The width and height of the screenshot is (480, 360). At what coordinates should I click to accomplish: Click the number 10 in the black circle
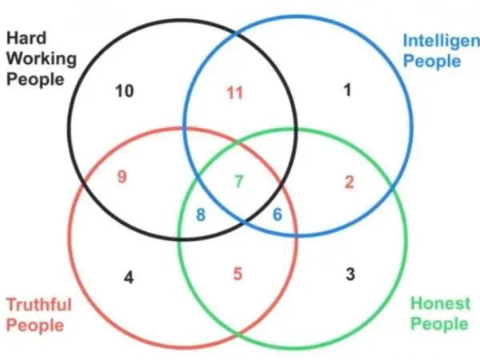point(125,91)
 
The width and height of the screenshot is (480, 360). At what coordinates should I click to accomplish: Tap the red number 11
point(234,93)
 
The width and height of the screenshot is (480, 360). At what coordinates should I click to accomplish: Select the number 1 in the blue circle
point(347,90)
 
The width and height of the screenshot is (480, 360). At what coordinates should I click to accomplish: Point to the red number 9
point(122,177)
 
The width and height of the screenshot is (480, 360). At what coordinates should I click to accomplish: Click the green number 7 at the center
point(239,182)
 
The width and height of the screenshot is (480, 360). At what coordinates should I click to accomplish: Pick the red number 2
point(350,182)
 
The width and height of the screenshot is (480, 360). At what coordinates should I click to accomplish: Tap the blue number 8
point(201,214)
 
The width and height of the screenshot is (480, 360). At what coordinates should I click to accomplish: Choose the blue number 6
point(278,214)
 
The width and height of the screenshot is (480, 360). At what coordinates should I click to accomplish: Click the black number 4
point(129,278)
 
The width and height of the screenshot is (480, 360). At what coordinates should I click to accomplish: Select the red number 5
point(238,274)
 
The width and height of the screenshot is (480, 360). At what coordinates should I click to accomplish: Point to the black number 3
point(350,274)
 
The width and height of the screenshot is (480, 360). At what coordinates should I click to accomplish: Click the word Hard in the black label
point(26,38)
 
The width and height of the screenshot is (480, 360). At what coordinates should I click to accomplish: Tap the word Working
point(42,58)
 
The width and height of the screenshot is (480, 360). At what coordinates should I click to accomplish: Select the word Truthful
point(39,305)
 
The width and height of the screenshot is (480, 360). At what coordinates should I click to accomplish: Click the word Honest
point(440,303)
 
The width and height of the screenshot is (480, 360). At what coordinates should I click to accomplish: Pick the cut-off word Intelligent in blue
point(442,42)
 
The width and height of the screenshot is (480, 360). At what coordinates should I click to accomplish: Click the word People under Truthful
point(35,325)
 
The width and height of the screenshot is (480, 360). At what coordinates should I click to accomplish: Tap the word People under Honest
point(439,324)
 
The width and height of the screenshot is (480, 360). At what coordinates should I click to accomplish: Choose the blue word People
point(432,62)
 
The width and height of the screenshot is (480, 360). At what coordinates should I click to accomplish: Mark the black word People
point(35,79)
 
